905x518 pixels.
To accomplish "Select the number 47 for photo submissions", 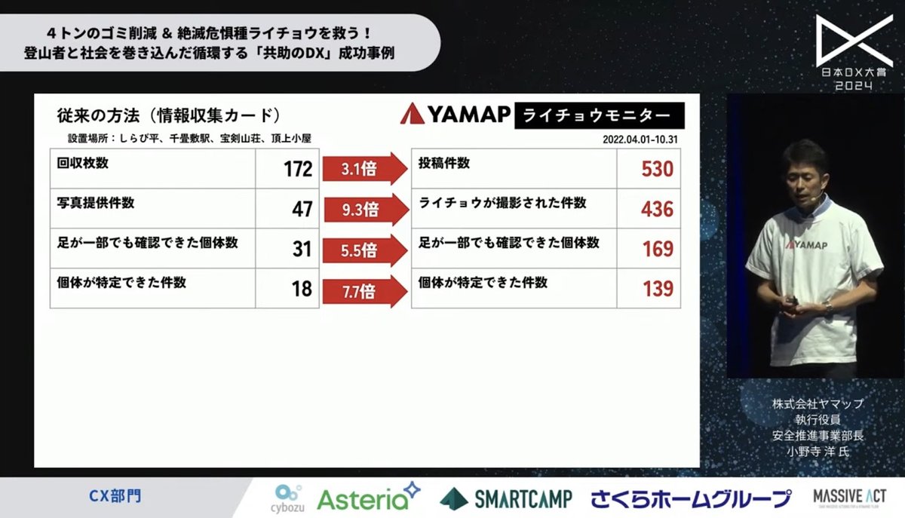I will pyautogui.click(x=302, y=209).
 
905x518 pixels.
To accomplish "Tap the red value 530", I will pyautogui.click(x=657, y=169).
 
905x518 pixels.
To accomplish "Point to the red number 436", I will pyautogui.click(x=656, y=209).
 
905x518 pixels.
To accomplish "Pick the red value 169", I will pyautogui.click(x=658, y=249).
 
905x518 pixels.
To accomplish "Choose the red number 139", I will pyautogui.click(x=658, y=288).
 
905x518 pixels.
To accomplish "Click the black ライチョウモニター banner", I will pyautogui.click(x=600, y=115).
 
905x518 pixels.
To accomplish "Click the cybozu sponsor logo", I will pyautogui.click(x=285, y=498).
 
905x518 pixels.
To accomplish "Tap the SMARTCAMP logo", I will pyautogui.click(x=506, y=498).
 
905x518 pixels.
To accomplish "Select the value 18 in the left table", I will pyautogui.click(x=302, y=288).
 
